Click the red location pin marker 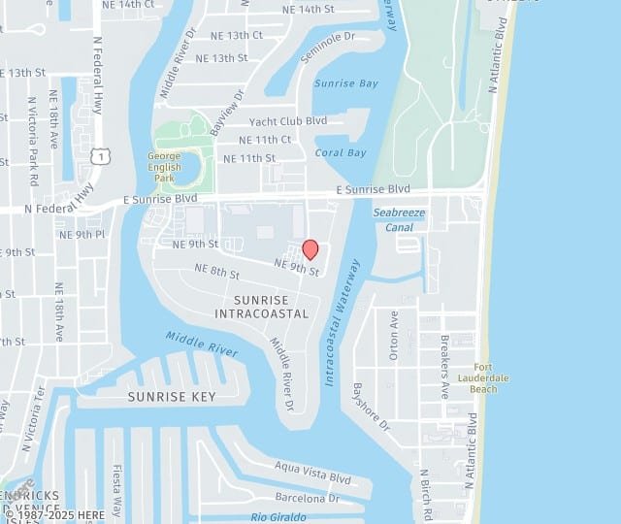[310, 249]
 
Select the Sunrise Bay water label [346, 83]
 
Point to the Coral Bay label [341, 152]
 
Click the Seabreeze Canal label [400, 219]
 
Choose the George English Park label [164, 167]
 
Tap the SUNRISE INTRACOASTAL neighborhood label [262, 307]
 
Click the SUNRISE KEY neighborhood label [172, 397]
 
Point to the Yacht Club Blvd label [288, 121]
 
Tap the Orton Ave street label [394, 335]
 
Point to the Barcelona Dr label [307, 498]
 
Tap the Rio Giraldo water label [279, 517]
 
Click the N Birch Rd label [425, 496]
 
